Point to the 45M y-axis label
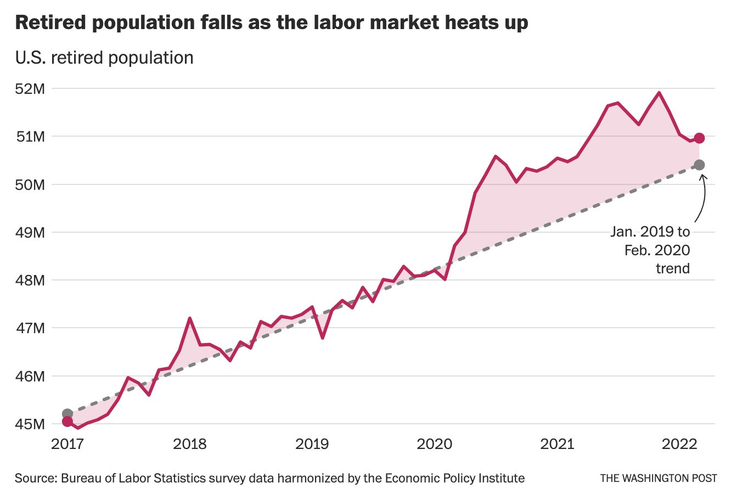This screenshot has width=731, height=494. pos(32,424)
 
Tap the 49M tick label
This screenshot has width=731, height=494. pos(32,232)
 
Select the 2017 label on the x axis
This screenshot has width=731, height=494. pos(68,444)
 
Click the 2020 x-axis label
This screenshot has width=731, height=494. pos(434,444)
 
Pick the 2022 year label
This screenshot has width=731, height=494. pos(679,444)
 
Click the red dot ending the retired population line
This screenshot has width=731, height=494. pos(699,138)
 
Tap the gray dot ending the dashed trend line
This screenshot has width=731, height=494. pos(699,165)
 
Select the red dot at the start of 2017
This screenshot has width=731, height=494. pos(68,421)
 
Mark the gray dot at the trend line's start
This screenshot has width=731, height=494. pos(68,413)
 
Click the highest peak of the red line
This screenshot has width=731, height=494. pos(659,93)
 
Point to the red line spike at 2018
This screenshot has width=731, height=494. pos(189,318)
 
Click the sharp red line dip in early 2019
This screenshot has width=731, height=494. pos(323,338)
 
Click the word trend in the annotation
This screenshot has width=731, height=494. pos(673,268)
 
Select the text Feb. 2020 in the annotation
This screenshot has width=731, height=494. pos(657,250)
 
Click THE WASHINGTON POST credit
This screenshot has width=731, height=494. pos(658,478)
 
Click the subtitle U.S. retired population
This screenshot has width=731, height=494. pos(104,58)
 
